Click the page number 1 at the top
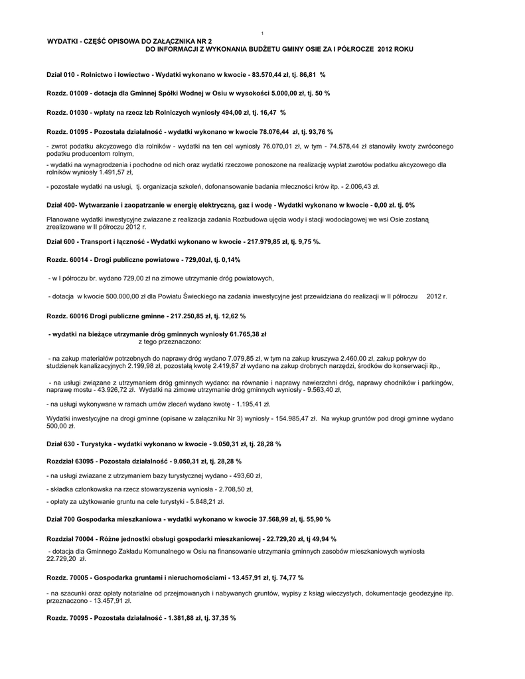(263, 33)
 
